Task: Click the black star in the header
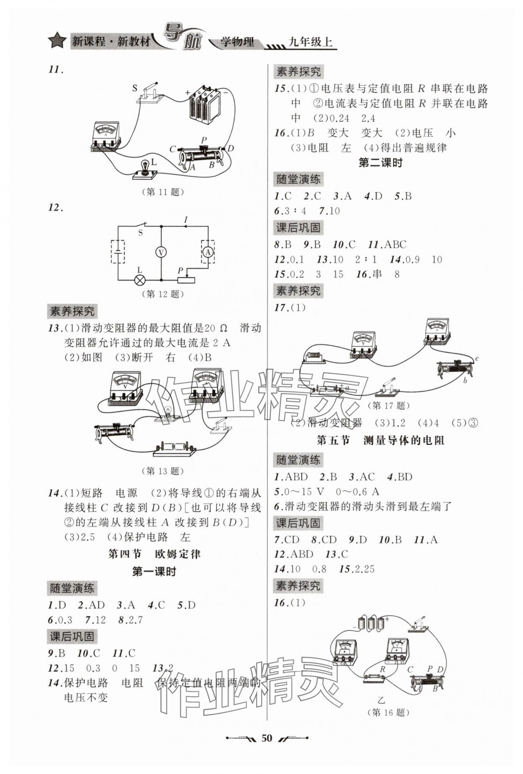(57, 41)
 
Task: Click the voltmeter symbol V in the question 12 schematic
(161, 252)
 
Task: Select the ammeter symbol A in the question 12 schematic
(208, 252)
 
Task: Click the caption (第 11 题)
(163, 192)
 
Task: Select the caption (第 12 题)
(163, 294)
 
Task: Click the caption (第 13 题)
(163, 471)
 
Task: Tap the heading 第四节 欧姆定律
(154, 554)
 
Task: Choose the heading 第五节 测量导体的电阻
(380, 440)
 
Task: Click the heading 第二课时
(380, 163)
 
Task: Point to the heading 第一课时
(154, 572)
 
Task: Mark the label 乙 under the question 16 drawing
(381, 699)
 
